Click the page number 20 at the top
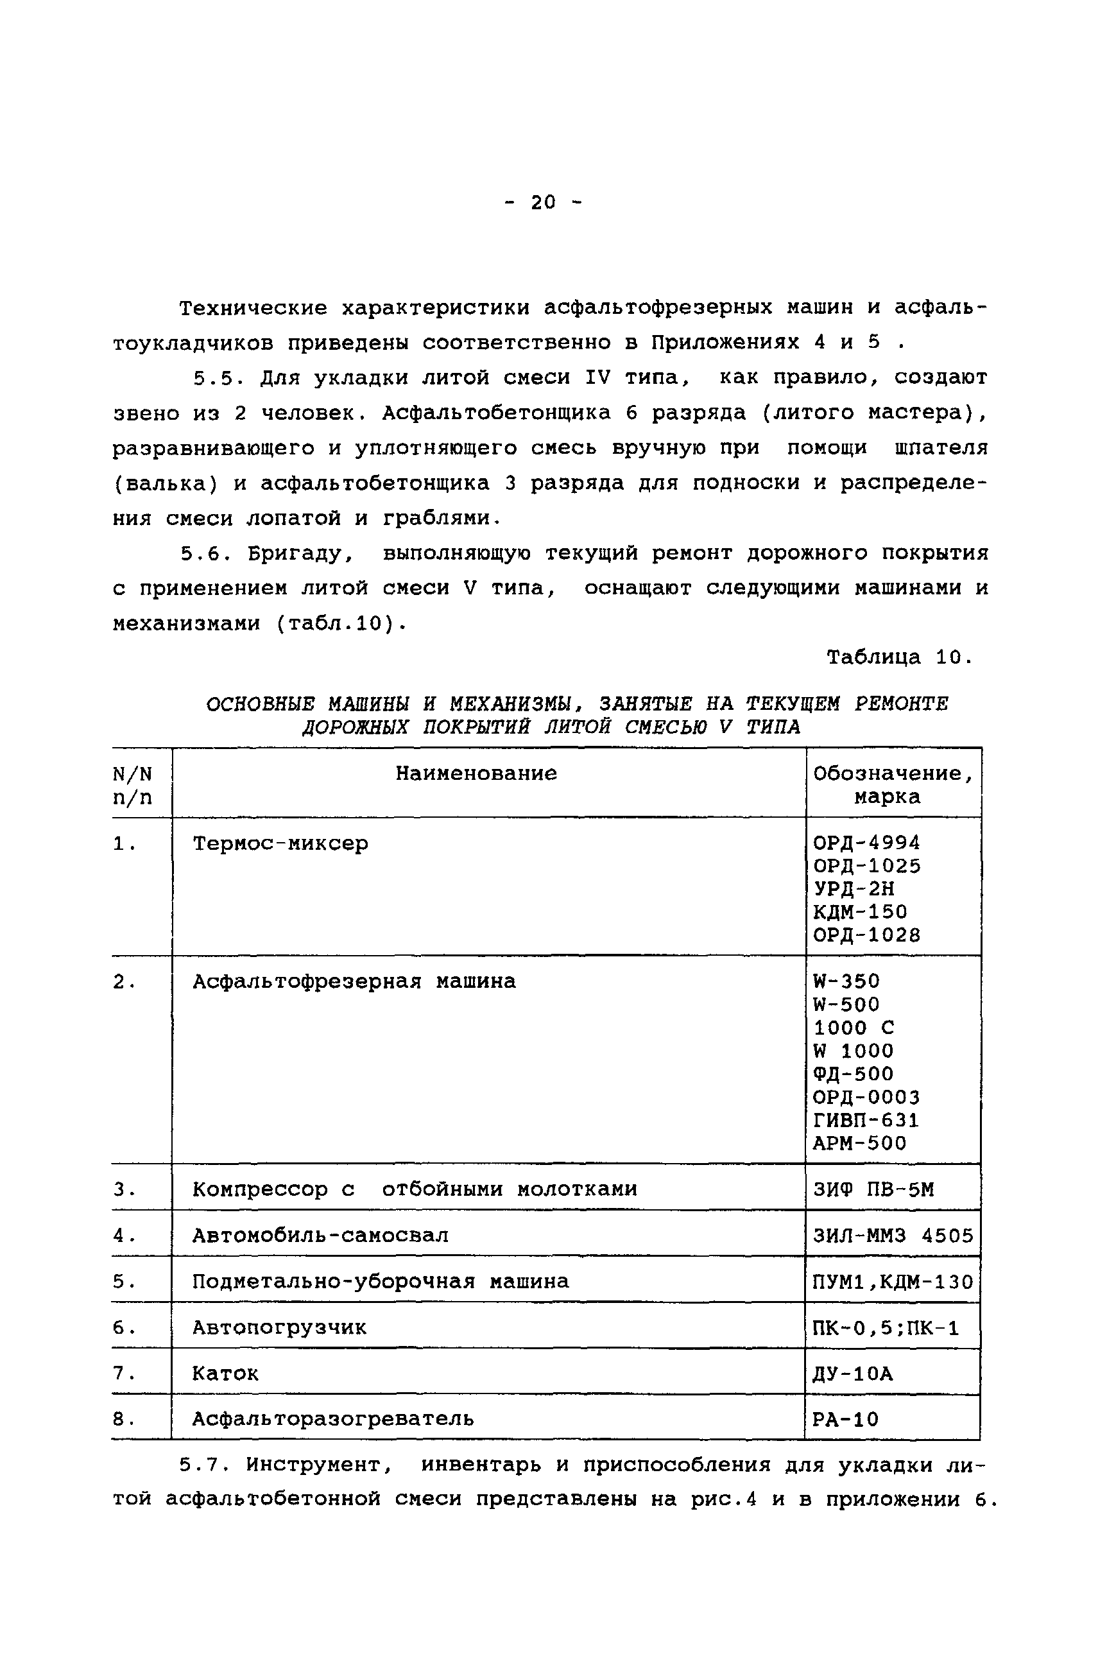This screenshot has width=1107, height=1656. click(x=543, y=203)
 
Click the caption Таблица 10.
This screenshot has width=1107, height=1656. click(x=900, y=657)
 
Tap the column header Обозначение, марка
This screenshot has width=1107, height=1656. click(x=893, y=784)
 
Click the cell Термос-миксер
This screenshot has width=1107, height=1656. click(x=280, y=843)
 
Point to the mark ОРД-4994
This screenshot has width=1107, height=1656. click(x=866, y=843)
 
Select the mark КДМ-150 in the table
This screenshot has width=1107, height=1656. click(x=860, y=911)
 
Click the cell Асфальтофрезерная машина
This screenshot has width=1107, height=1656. click(x=354, y=981)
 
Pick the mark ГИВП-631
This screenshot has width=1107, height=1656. click(x=866, y=1120)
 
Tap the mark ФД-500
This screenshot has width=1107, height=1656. click(x=853, y=1074)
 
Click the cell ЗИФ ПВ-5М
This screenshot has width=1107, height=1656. click(x=873, y=1190)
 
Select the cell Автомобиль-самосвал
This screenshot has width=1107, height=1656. click(x=320, y=1235)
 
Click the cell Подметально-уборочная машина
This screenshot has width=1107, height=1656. click(x=381, y=1281)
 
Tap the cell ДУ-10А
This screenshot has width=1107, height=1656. click(x=853, y=1374)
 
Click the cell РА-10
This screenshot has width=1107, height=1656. click(x=846, y=1419)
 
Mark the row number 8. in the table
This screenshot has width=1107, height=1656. click(x=124, y=1419)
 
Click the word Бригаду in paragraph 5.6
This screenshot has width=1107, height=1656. click(x=300, y=554)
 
